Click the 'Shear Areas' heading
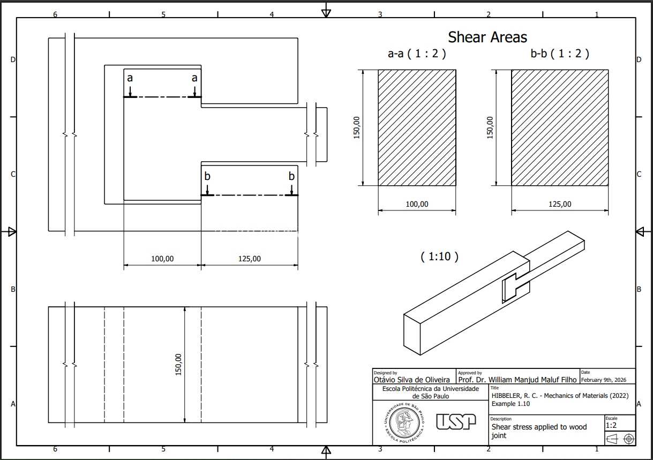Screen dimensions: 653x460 click(x=487, y=37)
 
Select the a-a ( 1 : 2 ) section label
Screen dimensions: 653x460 click(x=417, y=54)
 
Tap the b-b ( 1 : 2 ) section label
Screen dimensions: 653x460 click(x=560, y=54)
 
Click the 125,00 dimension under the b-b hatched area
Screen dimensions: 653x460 click(x=560, y=204)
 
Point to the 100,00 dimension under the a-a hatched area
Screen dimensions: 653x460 click(x=417, y=204)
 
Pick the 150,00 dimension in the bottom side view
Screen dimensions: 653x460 click(x=178, y=364)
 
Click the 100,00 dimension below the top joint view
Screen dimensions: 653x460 click(x=162, y=259)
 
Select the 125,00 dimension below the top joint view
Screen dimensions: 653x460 click(x=250, y=259)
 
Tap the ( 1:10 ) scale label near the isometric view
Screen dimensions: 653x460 click(x=440, y=257)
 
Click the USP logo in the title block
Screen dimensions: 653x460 click(x=456, y=421)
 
